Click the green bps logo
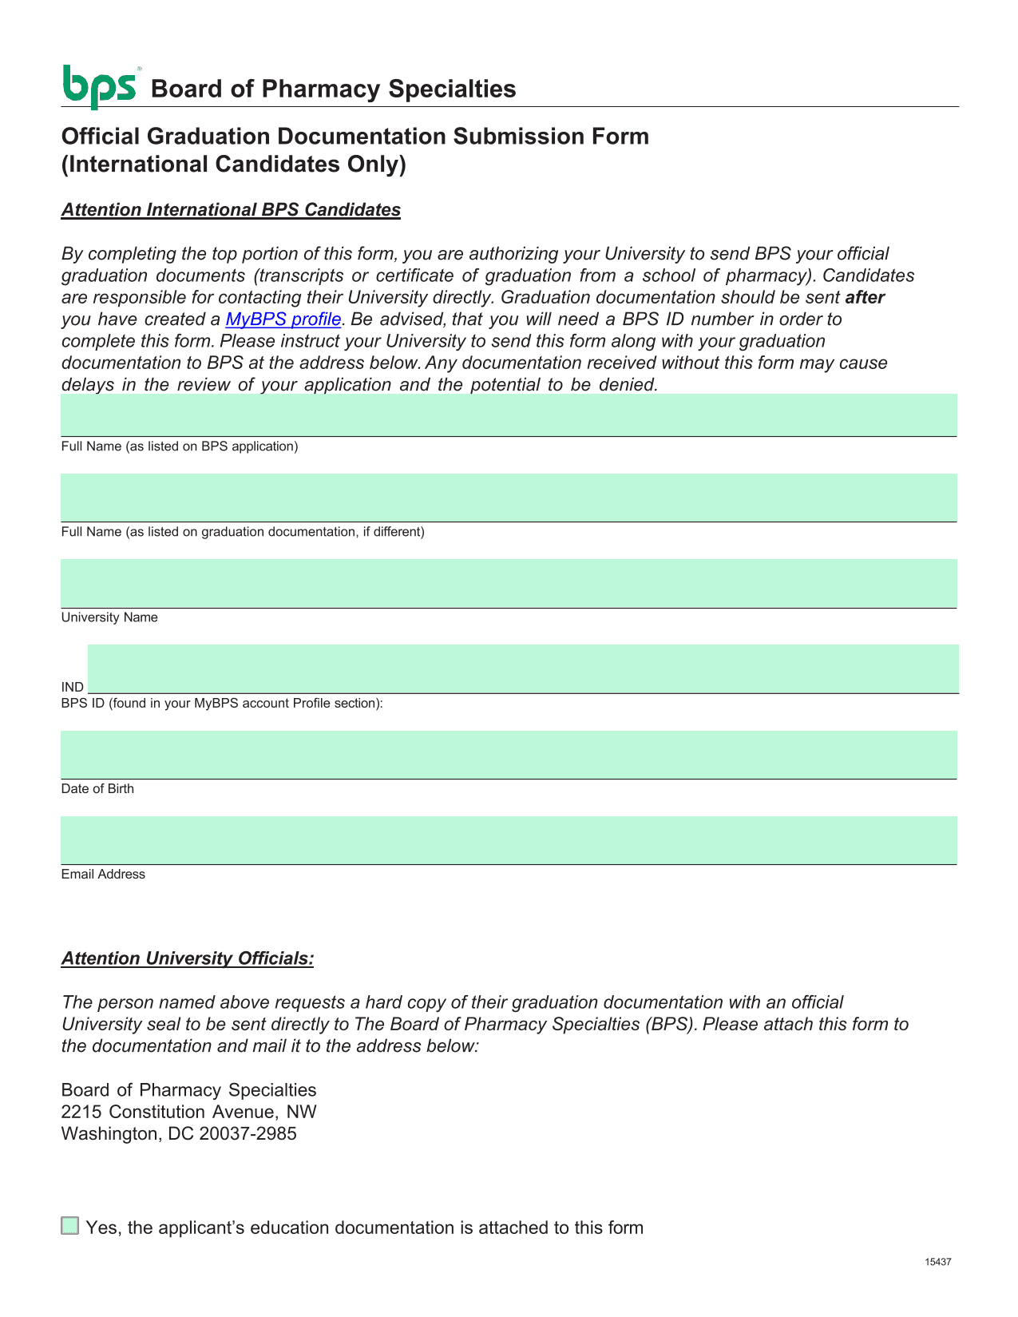(99, 86)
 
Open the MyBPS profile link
(283, 319)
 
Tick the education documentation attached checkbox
(70, 1226)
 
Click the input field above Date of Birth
(509, 755)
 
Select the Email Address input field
(509, 840)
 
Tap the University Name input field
(509, 583)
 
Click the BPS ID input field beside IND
(523, 668)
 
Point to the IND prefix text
(73, 687)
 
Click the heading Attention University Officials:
(188, 958)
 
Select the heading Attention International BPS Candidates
(231, 210)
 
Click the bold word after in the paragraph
(865, 298)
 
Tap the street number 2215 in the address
(81, 1112)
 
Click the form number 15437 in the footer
(938, 1262)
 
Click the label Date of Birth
(97, 789)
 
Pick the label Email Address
(103, 875)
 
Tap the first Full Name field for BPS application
(509, 415)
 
